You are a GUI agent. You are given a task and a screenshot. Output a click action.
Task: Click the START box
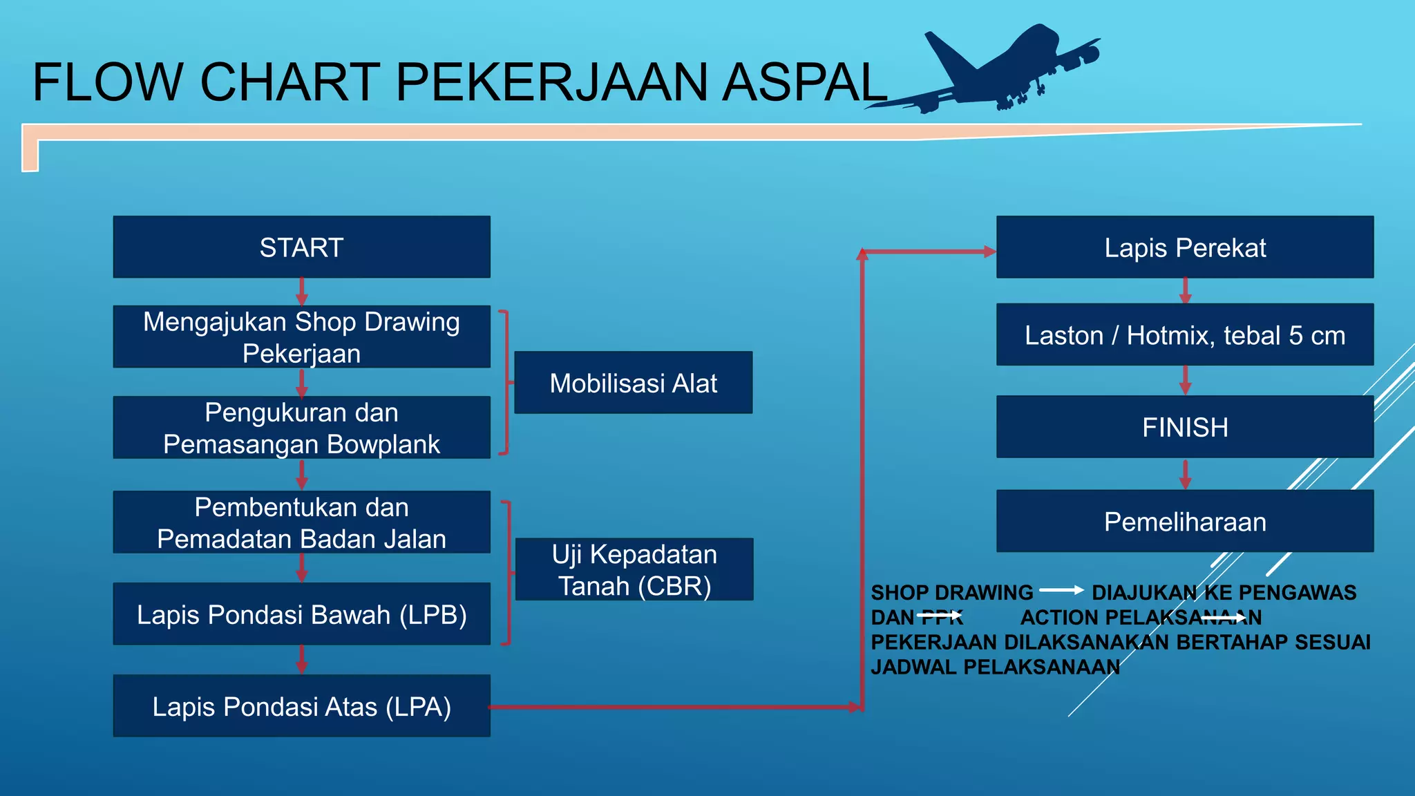click(x=301, y=247)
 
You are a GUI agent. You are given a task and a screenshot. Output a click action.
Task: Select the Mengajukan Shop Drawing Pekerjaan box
click(x=301, y=337)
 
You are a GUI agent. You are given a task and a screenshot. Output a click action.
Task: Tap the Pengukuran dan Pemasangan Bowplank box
click(x=301, y=427)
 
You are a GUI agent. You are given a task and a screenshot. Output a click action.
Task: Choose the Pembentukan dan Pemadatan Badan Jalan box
click(x=301, y=522)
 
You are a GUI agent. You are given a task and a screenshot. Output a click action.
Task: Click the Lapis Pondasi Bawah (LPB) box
click(x=301, y=614)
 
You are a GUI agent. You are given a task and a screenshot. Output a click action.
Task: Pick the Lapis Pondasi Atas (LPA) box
click(x=301, y=705)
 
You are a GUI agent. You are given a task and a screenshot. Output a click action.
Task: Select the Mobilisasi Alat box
click(x=633, y=382)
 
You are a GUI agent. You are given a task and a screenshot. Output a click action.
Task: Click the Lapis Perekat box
click(x=1184, y=247)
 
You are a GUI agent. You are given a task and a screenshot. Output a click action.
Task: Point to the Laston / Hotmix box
click(x=1184, y=334)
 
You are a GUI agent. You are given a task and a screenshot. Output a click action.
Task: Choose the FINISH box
click(x=1184, y=426)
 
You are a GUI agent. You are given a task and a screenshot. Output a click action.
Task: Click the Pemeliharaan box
click(x=1184, y=521)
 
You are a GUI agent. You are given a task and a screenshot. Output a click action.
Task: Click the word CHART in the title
click(x=290, y=83)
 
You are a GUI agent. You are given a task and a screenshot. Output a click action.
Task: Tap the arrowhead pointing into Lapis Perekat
click(x=989, y=252)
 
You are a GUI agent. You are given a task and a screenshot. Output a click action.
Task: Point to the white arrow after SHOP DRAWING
click(x=1062, y=590)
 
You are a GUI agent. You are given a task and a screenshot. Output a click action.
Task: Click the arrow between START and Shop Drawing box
click(x=301, y=292)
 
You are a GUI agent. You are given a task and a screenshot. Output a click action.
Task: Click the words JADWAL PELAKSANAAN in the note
click(x=995, y=667)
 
